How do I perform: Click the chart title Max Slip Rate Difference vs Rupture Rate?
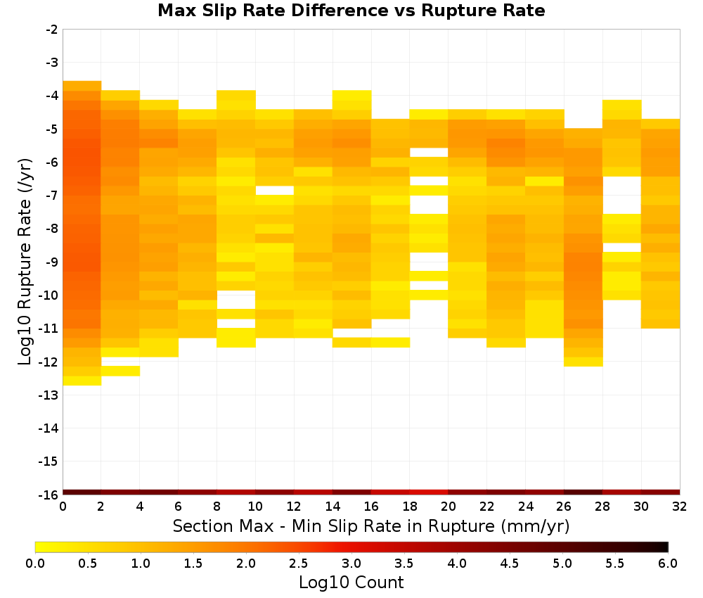click(351, 11)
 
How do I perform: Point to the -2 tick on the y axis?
click(52, 30)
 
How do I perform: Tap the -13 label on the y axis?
click(49, 395)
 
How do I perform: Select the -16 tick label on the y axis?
click(49, 495)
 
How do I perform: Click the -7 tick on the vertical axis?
click(52, 196)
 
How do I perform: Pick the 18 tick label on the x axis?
click(410, 507)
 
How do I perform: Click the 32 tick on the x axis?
click(680, 507)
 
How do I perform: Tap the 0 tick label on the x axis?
click(63, 507)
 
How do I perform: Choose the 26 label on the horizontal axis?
click(564, 507)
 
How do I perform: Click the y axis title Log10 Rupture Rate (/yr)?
click(25, 262)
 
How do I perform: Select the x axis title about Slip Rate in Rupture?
click(371, 526)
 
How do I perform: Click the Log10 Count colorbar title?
click(351, 583)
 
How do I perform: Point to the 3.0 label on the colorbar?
click(351, 564)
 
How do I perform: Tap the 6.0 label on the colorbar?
click(668, 564)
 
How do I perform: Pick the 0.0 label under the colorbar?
click(35, 564)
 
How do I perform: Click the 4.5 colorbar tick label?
click(509, 564)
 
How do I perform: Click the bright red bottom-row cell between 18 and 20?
click(429, 492)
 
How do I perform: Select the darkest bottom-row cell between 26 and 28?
click(583, 492)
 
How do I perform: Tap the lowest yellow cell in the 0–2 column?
click(82, 381)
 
